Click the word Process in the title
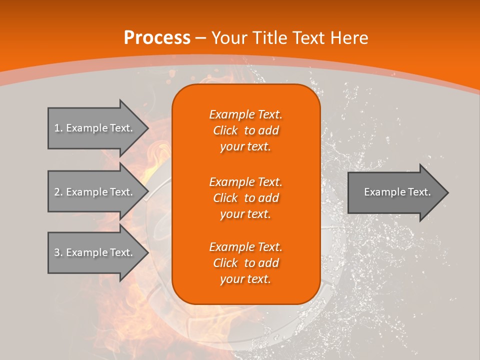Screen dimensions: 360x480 tap(157, 38)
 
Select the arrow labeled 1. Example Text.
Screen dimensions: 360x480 tap(95, 128)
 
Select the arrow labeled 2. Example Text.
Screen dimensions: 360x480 tap(95, 192)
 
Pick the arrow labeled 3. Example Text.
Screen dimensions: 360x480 tap(95, 252)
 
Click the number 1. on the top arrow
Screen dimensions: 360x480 tap(58, 128)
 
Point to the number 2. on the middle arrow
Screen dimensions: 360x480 tap(58, 192)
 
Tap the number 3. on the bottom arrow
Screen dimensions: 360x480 tap(58, 252)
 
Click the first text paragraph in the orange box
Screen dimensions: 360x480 tap(245, 130)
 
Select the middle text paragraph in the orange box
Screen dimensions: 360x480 tap(245, 198)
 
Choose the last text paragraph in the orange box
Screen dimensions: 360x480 tap(245, 263)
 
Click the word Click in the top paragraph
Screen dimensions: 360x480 tap(225, 130)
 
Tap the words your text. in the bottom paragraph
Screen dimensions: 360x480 tap(245, 279)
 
